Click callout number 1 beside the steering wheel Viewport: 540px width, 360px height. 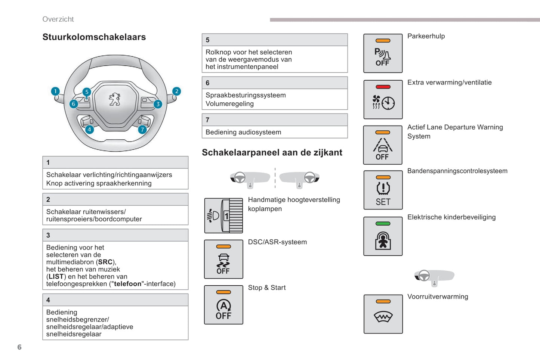pyautogui.click(x=55, y=91)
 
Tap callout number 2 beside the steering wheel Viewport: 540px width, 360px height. pyautogui.click(x=176, y=91)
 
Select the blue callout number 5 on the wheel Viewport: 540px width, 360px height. pyautogui.click(x=87, y=92)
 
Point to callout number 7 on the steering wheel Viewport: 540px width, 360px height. pyautogui.click(x=142, y=130)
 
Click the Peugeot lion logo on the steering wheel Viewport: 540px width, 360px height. pyautogui.click(x=115, y=99)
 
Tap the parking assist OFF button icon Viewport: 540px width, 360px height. pyautogui.click(x=383, y=53)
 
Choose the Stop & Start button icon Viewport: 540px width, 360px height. pyautogui.click(x=223, y=305)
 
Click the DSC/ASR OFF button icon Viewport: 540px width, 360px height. pyautogui.click(x=223, y=259)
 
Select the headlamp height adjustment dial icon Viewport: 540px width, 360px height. pyautogui.click(x=223, y=216)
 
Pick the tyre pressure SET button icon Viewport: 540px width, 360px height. pyautogui.click(x=383, y=190)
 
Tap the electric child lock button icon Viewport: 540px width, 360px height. pyautogui.click(x=383, y=236)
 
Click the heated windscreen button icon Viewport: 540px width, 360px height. pyautogui.click(x=383, y=314)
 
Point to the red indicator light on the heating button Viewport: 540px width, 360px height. pyautogui.click(x=383, y=87)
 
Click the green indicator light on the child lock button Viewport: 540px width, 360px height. pyautogui.click(x=383, y=224)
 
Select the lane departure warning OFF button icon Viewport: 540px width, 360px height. pyautogui.click(x=383, y=145)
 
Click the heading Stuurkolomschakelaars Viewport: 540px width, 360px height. pyautogui.click(x=94, y=37)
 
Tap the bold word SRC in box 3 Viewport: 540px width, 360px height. pyautogui.click(x=105, y=262)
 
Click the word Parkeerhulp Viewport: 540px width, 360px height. pyautogui.click(x=426, y=36)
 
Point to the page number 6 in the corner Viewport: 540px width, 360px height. pyautogui.click(x=19, y=347)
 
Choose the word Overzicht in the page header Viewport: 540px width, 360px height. pyautogui.click(x=58, y=19)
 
